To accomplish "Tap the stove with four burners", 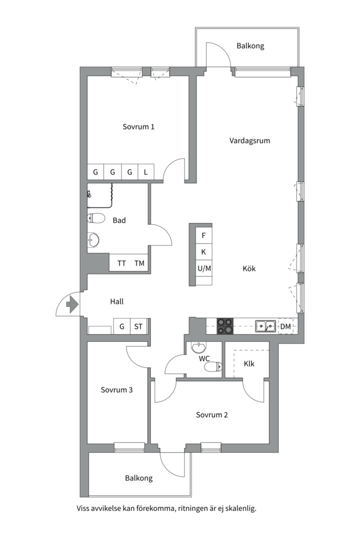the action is pos(224,326).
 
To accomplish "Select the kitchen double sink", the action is pos(265,326).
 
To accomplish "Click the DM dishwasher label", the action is pos(285,326).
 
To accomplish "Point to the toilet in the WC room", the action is pos(213,367).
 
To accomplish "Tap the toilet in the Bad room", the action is pos(96,218).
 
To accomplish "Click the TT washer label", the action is pos(121,263).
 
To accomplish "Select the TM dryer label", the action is pos(139,263).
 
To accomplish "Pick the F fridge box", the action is pos(203,235).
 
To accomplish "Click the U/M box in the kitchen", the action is pos(204,268).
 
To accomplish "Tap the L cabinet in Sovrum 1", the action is pos(146,172).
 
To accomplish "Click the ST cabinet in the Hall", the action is pos(138,326).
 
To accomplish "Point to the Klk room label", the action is pos(249,363).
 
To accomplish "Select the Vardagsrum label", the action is pos(250,140).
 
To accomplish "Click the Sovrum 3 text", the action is pos(117,390).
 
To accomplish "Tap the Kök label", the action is pos(249,268).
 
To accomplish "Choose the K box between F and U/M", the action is pos(203,251).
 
